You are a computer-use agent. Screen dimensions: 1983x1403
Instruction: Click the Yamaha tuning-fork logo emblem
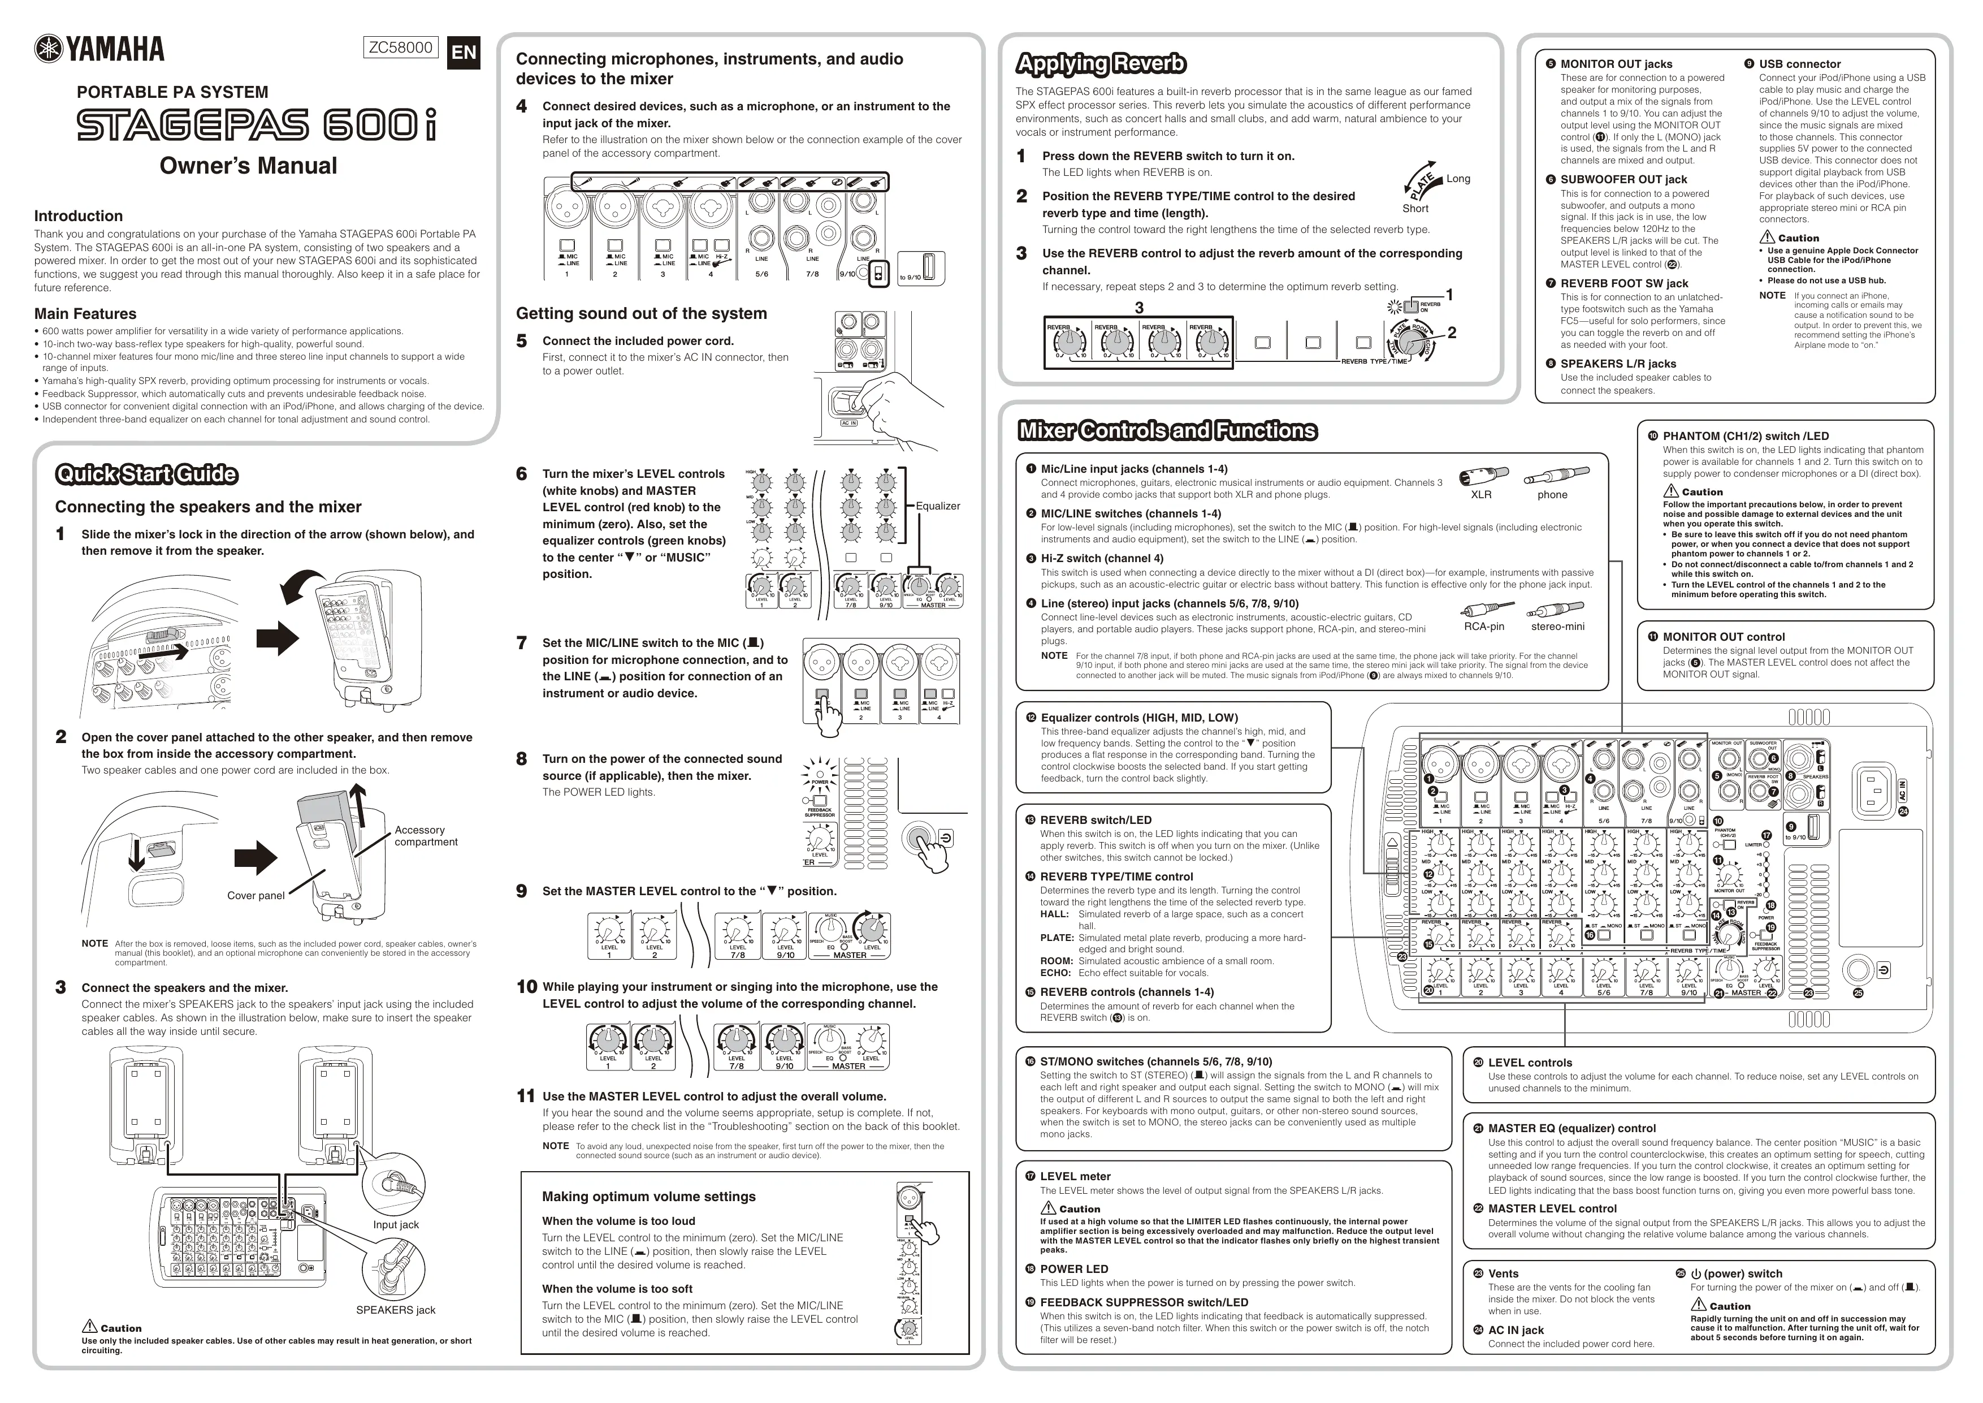pyautogui.click(x=49, y=49)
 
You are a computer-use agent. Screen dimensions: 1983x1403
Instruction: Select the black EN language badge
pyautogui.click(x=464, y=53)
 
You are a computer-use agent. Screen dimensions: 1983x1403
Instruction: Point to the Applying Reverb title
pyautogui.click(x=1101, y=64)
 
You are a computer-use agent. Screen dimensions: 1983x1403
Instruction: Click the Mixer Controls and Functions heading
pyautogui.click(x=1168, y=431)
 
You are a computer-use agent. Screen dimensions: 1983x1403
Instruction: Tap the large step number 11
pyautogui.click(x=525, y=1097)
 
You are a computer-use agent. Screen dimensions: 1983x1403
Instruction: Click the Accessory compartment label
pyautogui.click(x=425, y=835)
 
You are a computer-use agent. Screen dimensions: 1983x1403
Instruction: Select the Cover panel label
pyautogui.click(x=256, y=895)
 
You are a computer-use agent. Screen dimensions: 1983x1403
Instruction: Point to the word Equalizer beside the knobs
pyautogui.click(x=937, y=506)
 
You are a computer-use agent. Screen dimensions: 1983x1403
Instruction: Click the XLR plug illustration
pyautogui.click(x=1483, y=476)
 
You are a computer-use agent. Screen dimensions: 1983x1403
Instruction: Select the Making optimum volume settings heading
pyautogui.click(x=648, y=1197)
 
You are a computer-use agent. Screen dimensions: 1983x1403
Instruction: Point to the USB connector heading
pyautogui.click(x=1799, y=64)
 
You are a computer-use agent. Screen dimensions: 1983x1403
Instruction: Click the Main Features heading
pyautogui.click(x=85, y=314)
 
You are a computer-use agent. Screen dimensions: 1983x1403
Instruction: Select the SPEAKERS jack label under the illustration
pyautogui.click(x=396, y=1310)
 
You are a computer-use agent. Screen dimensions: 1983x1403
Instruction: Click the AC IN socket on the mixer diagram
pyautogui.click(x=1875, y=789)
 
